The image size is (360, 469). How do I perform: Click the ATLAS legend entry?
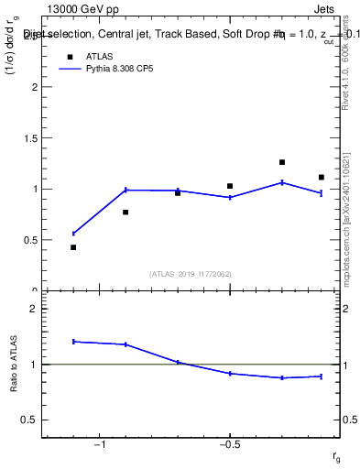(100, 56)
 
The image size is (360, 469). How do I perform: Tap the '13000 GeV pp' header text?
(82, 10)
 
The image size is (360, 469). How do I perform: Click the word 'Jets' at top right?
(324, 10)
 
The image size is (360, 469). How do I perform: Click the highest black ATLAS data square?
(282, 162)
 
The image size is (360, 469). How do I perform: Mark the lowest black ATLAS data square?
(73, 247)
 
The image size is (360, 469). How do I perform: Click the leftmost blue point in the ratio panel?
(73, 342)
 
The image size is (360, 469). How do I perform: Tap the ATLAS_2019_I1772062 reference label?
(191, 273)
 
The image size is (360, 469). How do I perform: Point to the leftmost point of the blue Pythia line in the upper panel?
(73, 234)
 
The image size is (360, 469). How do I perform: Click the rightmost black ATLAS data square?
(322, 177)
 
